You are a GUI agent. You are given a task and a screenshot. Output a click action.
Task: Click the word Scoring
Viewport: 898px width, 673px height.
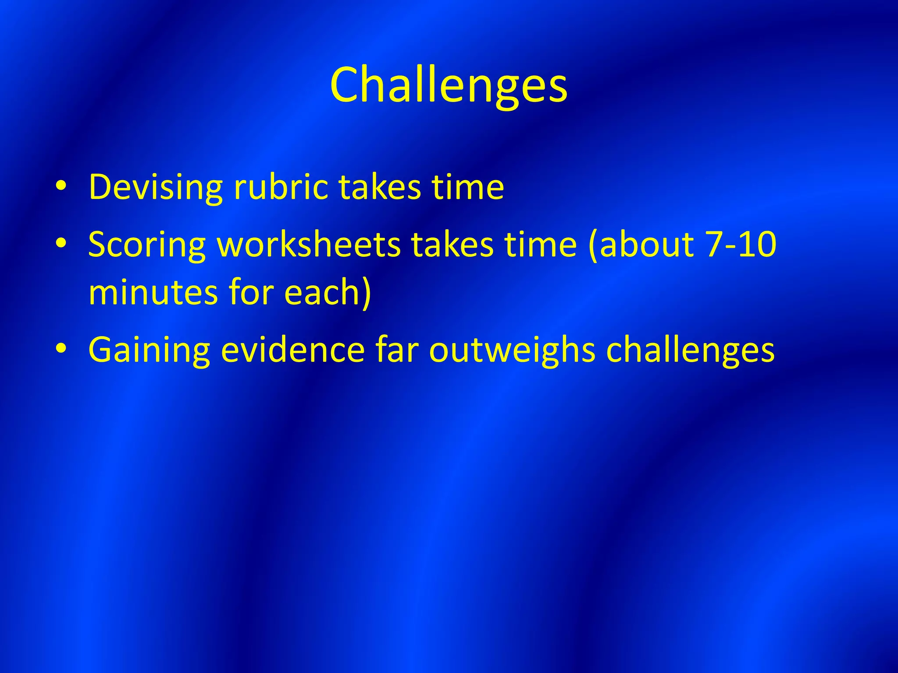(147, 244)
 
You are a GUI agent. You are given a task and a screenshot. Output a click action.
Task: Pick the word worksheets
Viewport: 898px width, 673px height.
(309, 244)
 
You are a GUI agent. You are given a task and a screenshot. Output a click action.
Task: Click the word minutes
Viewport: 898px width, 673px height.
(153, 292)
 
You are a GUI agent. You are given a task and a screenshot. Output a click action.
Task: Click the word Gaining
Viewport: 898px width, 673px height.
(149, 350)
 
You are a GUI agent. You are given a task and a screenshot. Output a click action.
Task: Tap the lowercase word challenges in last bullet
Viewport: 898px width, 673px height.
(690, 350)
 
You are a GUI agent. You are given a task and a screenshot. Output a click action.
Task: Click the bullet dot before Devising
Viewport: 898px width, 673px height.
(61, 186)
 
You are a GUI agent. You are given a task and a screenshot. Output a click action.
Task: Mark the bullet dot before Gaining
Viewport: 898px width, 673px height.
(61, 349)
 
